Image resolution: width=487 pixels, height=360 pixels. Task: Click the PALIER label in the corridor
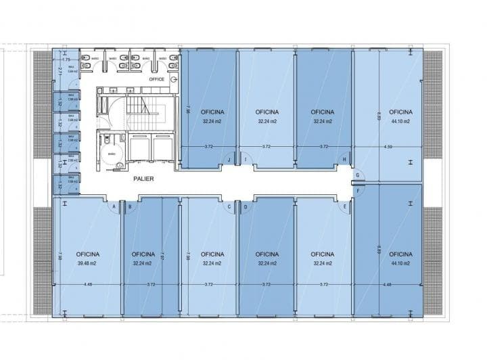click(x=143, y=179)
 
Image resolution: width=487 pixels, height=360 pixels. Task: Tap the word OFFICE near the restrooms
click(x=157, y=79)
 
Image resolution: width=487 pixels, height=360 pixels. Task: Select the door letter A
click(x=114, y=206)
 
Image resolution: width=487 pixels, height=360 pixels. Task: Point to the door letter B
click(x=129, y=206)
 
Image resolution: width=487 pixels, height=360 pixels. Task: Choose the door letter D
click(x=245, y=206)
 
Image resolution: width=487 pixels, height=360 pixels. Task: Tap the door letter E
click(x=344, y=206)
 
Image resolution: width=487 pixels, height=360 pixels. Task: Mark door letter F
click(x=358, y=190)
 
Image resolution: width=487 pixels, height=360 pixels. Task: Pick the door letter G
click(x=358, y=175)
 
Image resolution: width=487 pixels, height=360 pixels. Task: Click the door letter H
click(x=344, y=160)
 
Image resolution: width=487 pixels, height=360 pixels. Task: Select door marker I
click(x=245, y=160)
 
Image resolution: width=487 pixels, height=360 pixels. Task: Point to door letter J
click(x=229, y=160)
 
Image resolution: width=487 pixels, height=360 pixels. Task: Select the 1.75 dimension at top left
click(x=66, y=52)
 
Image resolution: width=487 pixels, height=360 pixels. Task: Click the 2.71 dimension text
click(x=60, y=70)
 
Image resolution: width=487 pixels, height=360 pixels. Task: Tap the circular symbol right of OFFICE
click(x=173, y=79)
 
